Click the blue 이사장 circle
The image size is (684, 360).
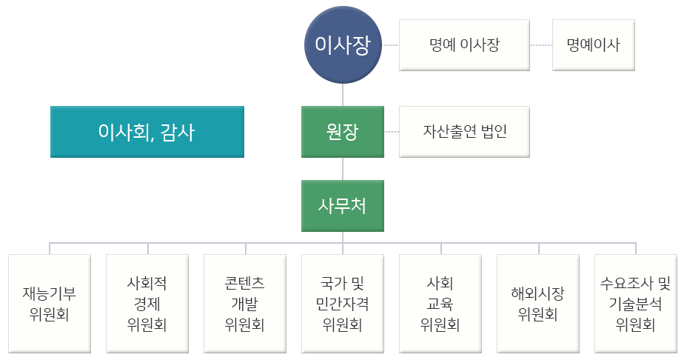(343, 46)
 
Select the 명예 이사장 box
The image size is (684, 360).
(464, 45)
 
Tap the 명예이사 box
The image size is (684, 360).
(593, 45)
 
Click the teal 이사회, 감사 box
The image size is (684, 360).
(147, 132)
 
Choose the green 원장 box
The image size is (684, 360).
(343, 132)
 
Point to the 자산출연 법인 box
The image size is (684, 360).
(464, 132)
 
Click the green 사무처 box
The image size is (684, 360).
(343, 205)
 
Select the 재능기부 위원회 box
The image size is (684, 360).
(50, 303)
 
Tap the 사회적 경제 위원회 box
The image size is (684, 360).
(147, 303)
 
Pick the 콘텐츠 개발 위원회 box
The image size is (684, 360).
(245, 303)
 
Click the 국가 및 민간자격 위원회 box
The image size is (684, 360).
(343, 303)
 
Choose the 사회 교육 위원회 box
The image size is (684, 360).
(440, 303)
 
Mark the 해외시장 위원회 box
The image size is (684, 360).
(538, 303)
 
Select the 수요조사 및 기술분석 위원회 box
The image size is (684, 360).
(636, 303)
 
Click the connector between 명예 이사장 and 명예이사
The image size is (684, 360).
(541, 45)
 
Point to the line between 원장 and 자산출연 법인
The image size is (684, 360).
(392, 132)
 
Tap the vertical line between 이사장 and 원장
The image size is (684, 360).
(343, 95)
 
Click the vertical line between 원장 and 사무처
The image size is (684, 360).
(343, 168)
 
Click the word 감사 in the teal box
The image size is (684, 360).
(178, 132)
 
